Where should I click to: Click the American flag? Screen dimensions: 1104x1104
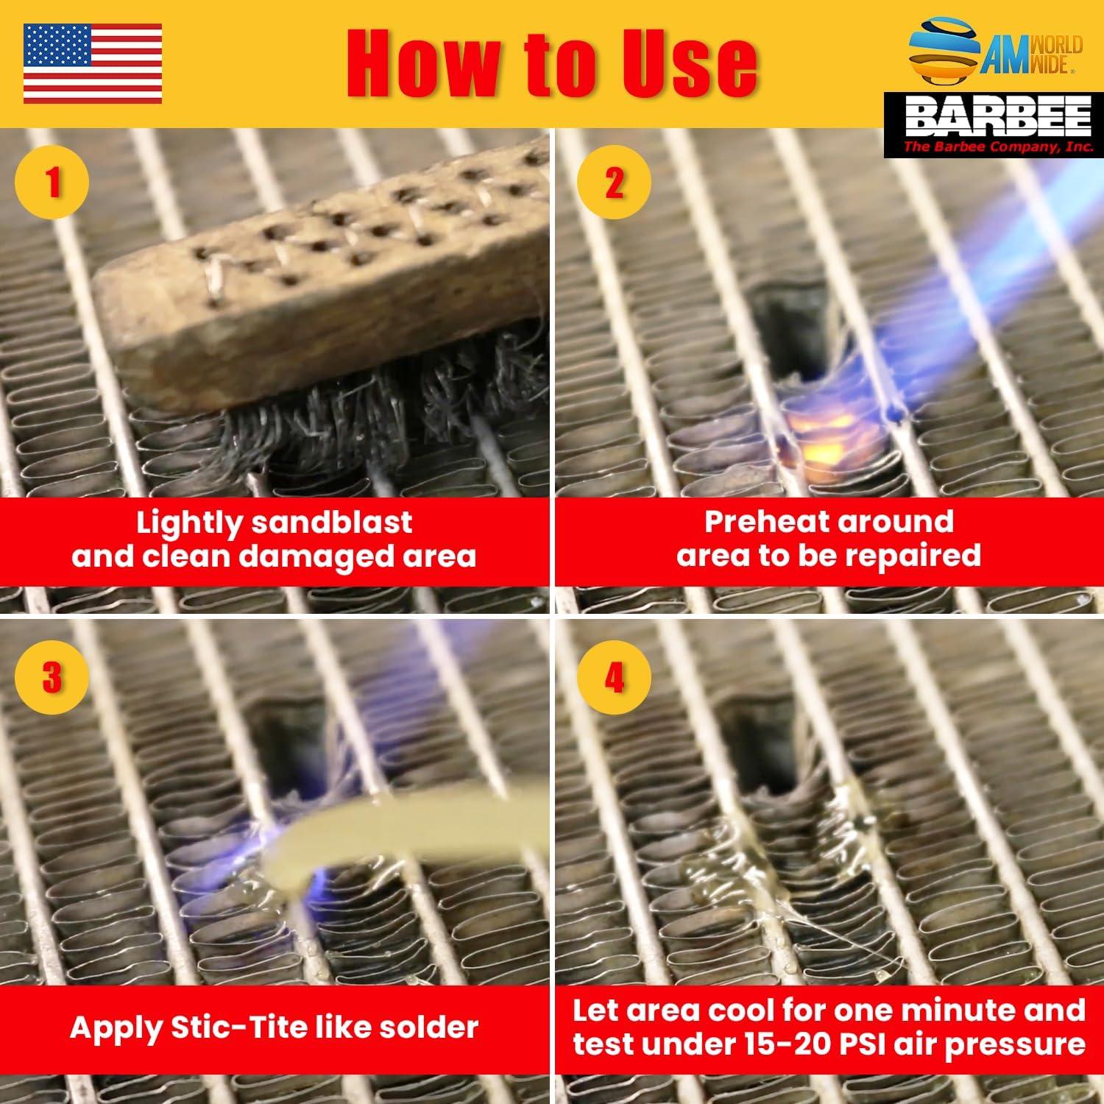[x=93, y=63]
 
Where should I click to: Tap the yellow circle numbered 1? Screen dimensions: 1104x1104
[x=52, y=181]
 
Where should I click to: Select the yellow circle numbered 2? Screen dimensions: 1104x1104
[x=614, y=181]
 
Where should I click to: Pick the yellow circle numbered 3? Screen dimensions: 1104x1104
[x=52, y=677]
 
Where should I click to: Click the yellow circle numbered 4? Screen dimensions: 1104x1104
[x=614, y=677]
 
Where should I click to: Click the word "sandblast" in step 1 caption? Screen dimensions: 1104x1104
[x=331, y=522]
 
